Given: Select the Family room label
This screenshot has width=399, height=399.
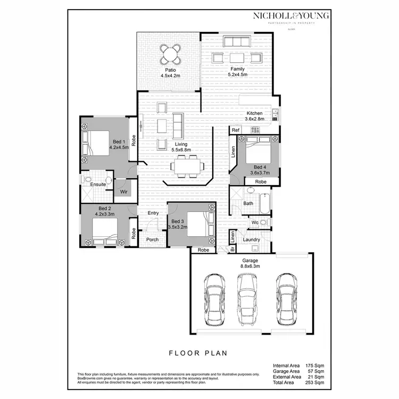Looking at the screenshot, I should pos(237,69).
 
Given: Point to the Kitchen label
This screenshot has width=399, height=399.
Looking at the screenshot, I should pos(254,113).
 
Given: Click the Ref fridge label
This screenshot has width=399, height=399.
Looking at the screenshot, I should pos(235,130).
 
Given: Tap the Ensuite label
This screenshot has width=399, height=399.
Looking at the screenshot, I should pos(98,185).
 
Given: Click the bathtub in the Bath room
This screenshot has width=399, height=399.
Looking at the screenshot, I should pos(264,203).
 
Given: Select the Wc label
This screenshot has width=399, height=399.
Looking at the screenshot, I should pos(255,222).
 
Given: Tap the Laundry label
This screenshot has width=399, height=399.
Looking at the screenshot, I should pos(251,239).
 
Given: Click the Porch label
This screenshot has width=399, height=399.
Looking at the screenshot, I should pos(152,239).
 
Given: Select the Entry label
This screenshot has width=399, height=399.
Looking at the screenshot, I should pos(153,213).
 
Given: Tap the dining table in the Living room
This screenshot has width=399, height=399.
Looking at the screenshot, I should pos(187,165).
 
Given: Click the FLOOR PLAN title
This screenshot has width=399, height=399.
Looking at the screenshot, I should pos(198,352).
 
